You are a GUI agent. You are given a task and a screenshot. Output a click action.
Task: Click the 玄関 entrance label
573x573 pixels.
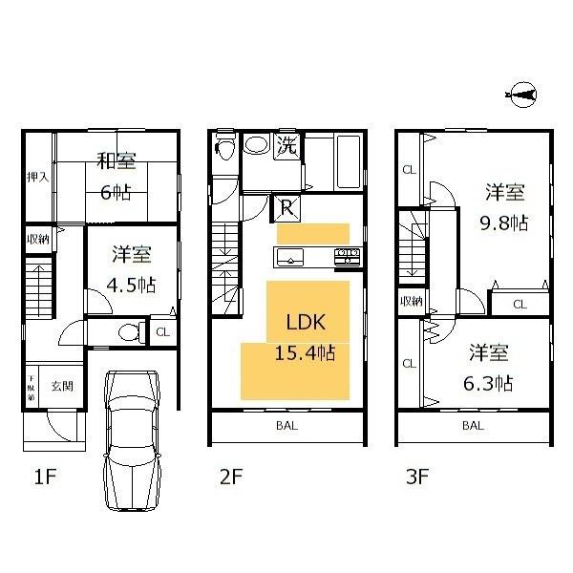[62, 387]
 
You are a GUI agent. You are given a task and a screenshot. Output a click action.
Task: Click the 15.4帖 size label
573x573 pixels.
[305, 353]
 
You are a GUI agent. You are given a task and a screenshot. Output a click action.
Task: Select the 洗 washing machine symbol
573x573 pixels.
[286, 147]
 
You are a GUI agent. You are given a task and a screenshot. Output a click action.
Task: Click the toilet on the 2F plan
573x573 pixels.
[224, 148]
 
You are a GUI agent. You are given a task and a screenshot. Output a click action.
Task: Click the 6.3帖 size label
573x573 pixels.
[491, 383]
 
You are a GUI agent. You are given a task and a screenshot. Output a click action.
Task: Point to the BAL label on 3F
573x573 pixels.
[473, 426]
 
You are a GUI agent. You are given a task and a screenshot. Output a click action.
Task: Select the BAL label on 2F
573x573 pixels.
[286, 426]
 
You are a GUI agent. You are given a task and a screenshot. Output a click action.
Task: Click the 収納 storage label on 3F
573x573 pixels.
[411, 302]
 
